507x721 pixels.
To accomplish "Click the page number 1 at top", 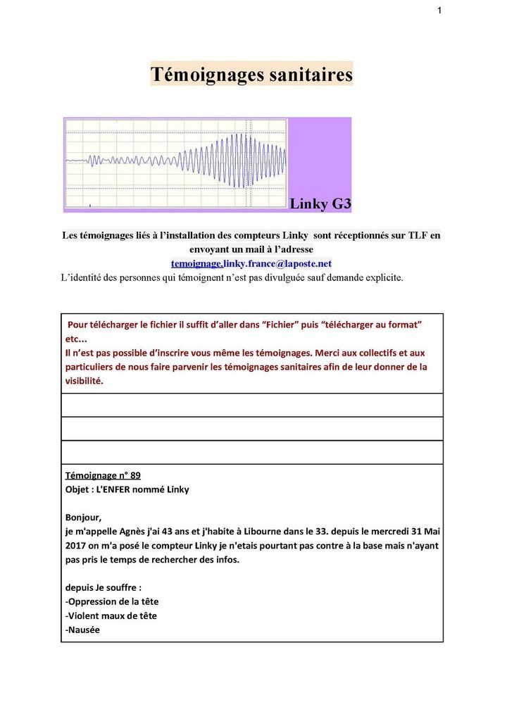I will click(x=439, y=11).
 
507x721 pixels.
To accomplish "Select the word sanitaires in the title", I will click(x=311, y=75).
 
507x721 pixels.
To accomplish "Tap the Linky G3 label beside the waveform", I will click(x=320, y=204).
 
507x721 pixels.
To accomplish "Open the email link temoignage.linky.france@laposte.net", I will click(x=251, y=263).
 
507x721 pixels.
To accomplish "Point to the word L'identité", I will click(x=83, y=277).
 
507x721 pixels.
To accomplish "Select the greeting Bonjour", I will click(x=83, y=518).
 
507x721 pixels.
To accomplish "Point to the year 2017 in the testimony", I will click(x=77, y=546).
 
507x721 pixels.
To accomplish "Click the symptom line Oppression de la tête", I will click(x=112, y=601).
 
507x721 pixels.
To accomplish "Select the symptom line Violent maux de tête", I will click(x=111, y=615).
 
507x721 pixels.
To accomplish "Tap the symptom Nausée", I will click(x=82, y=629).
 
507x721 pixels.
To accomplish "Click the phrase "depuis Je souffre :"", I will click(x=104, y=587).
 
